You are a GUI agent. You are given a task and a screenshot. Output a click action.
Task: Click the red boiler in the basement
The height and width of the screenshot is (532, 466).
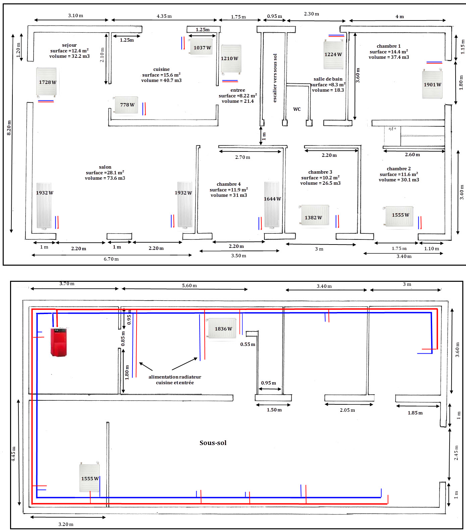(x=59, y=342)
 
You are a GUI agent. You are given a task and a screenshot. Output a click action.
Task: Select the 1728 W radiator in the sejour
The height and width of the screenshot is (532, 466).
(x=46, y=82)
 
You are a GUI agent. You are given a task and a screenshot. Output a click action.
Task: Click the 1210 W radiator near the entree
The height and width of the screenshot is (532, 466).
(x=231, y=59)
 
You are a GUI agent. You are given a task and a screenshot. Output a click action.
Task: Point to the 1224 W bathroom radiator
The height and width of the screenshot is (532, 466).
(x=333, y=54)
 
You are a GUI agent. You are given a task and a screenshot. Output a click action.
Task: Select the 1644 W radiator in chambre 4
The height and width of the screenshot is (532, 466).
(x=272, y=205)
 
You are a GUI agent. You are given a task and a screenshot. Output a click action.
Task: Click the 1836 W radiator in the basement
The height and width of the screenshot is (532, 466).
(x=222, y=329)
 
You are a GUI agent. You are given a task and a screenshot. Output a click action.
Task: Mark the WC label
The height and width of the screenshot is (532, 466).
(x=297, y=109)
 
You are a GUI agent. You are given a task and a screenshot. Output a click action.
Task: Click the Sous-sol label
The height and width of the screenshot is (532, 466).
(x=213, y=443)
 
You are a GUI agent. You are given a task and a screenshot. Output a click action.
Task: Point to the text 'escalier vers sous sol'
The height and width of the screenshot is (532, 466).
(x=275, y=78)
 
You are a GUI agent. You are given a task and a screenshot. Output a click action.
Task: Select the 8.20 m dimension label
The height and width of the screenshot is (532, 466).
(x=9, y=128)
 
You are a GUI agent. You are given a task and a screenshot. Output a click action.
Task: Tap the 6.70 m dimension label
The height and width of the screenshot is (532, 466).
(x=111, y=259)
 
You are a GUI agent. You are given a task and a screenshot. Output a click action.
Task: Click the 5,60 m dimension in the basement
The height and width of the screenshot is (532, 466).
(x=189, y=285)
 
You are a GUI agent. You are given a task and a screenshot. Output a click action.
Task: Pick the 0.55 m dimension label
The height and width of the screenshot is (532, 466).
(x=248, y=344)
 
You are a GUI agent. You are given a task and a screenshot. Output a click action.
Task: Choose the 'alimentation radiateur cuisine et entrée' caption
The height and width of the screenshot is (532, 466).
(x=175, y=380)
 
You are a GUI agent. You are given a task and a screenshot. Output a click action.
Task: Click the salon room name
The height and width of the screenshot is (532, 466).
(x=105, y=167)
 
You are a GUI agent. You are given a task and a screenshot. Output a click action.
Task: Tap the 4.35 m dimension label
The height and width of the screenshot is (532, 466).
(x=164, y=16)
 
